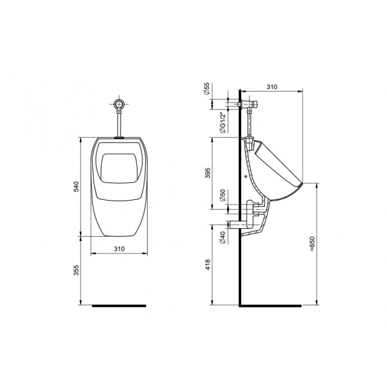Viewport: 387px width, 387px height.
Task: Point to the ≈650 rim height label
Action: point(312,244)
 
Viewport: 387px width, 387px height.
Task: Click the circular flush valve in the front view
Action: point(119,103)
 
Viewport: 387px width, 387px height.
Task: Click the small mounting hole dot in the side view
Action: point(247,174)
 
